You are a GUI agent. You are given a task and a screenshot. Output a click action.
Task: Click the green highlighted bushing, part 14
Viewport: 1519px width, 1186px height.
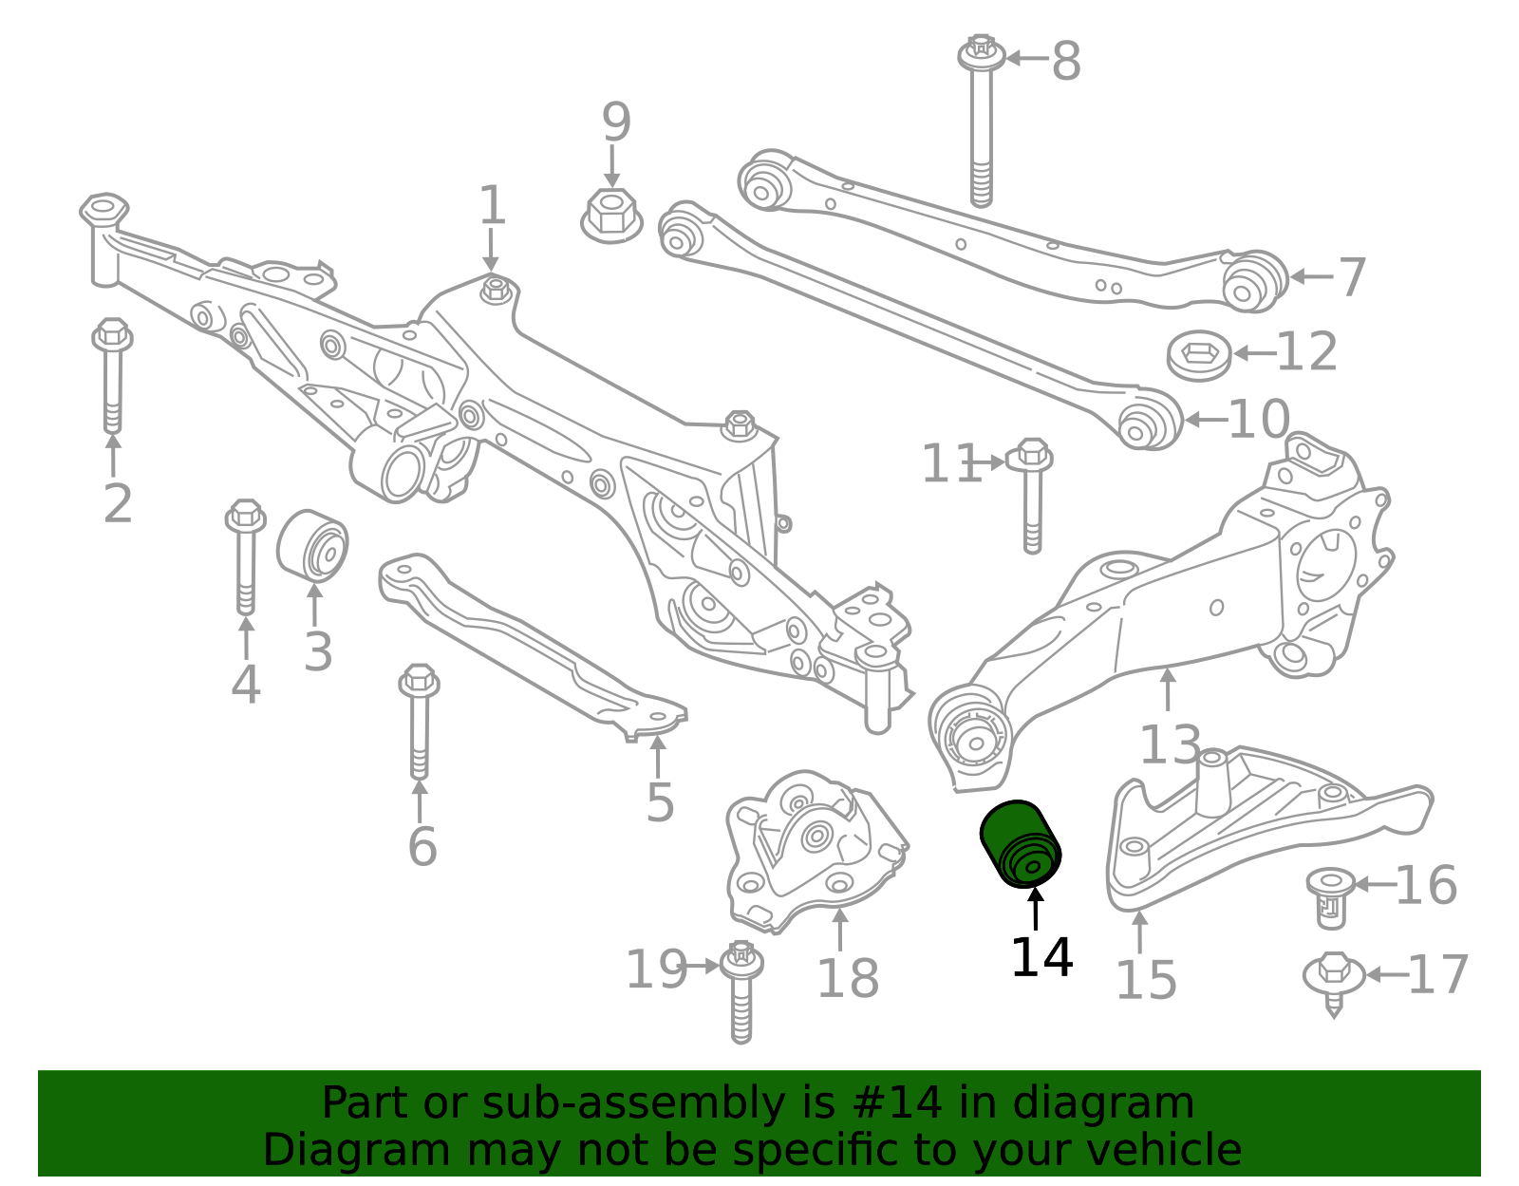[x=1020, y=843]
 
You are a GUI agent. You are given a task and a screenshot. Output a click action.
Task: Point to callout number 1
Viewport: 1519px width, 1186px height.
[x=491, y=205]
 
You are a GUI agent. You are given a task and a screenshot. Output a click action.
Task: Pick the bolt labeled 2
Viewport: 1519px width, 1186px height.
[x=113, y=375]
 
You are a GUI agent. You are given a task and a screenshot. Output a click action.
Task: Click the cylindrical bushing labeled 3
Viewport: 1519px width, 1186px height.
[x=312, y=544]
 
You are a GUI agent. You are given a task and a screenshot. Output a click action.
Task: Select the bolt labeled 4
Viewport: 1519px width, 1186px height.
[x=245, y=555]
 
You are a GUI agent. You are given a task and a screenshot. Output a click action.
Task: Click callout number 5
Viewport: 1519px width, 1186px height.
[x=660, y=803]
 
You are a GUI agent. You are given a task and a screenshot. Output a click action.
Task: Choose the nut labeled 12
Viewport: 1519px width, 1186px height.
[x=1199, y=355]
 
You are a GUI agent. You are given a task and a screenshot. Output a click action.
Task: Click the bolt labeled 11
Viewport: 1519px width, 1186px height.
[x=1031, y=494]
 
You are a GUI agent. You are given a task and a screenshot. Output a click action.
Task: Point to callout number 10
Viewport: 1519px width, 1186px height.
[x=1259, y=419]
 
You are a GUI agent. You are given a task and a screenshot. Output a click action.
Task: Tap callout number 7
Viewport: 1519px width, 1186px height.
[x=1352, y=277]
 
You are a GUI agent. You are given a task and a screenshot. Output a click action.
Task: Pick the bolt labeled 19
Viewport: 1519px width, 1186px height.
[x=741, y=991]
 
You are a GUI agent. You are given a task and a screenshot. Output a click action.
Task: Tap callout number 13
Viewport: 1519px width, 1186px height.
[x=1170, y=745]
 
